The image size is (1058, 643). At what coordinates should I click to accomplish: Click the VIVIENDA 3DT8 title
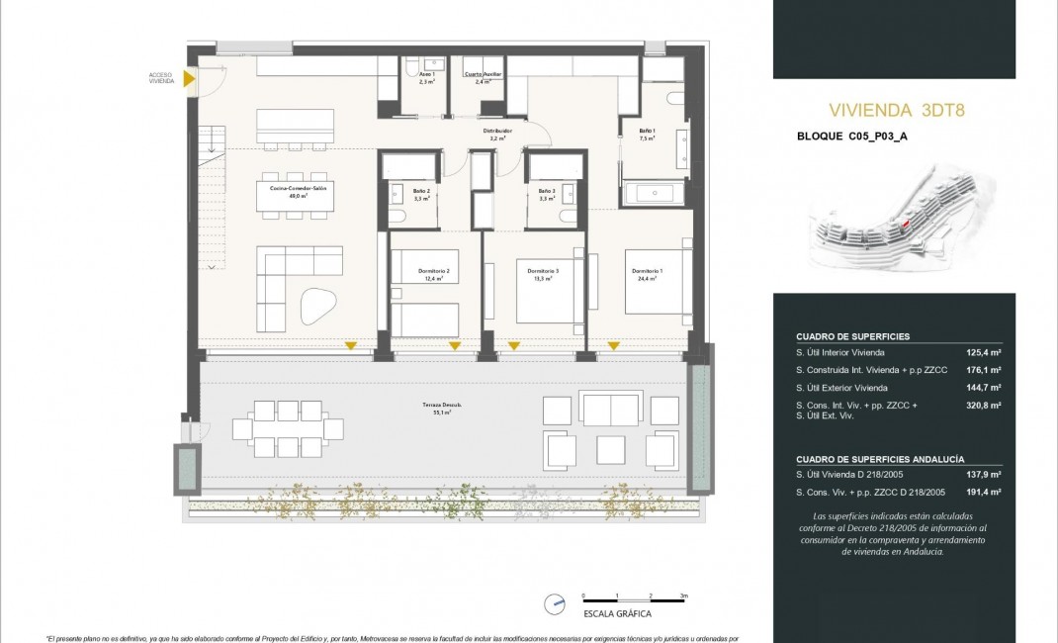895,110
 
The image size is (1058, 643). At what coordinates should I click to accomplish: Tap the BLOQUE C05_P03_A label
851,138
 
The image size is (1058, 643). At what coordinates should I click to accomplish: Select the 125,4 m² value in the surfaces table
983,352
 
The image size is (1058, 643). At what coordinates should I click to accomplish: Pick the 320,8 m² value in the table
983,406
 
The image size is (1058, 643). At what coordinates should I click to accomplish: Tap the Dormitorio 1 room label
647,275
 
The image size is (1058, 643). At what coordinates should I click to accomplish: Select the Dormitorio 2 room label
434,275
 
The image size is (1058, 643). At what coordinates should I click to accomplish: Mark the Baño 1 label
647,135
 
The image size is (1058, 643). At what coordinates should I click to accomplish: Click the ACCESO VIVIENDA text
161,78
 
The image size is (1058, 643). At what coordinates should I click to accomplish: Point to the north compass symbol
556,602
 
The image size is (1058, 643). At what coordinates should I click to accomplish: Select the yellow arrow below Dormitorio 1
613,345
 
